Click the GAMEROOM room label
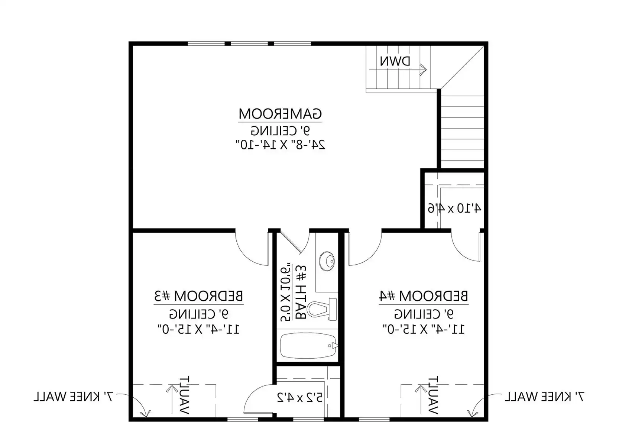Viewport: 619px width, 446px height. pyautogui.click(x=280, y=114)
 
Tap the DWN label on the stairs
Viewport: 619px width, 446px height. pyautogui.click(x=395, y=61)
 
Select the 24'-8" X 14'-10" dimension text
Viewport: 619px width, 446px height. pyautogui.click(x=280, y=145)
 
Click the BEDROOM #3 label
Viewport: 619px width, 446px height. pyautogui.click(x=198, y=296)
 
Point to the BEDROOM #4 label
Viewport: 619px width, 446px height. pyautogui.click(x=423, y=296)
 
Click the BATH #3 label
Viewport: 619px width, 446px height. pyautogui.click(x=301, y=293)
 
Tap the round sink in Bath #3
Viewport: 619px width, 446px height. pyautogui.click(x=327, y=261)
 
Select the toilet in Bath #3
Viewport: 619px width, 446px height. pyautogui.click(x=322, y=309)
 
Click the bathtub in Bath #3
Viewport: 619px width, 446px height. pyautogui.click(x=309, y=346)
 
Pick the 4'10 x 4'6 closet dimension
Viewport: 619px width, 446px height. pyautogui.click(x=454, y=208)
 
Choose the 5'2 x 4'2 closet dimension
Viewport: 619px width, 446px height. pyautogui.click(x=300, y=398)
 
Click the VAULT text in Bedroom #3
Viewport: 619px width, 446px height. pyautogui.click(x=184, y=395)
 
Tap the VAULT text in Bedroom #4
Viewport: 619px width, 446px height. pyautogui.click(x=433, y=395)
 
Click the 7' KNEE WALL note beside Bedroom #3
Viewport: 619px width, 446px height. pyautogui.click(x=74, y=397)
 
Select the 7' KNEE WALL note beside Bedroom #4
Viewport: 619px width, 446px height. pyautogui.click(x=544, y=397)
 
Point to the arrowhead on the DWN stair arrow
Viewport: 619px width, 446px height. pyautogui.click(x=423, y=70)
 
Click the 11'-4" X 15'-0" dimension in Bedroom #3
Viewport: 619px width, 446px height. pyautogui.click(x=198, y=329)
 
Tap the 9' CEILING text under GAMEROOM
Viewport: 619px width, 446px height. pyautogui.click(x=280, y=130)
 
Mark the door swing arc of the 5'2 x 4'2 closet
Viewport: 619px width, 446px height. pyautogui.click(x=254, y=391)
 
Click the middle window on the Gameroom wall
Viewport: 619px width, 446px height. pyautogui.click(x=250, y=43)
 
